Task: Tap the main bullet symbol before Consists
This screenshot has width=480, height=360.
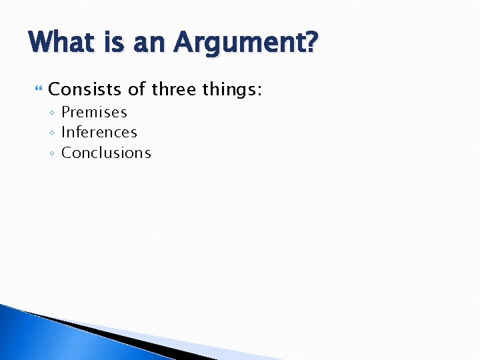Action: point(37,89)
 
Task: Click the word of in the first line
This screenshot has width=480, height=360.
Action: point(137,89)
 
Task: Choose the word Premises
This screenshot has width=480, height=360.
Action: point(94,112)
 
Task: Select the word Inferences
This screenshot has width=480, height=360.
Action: point(99,132)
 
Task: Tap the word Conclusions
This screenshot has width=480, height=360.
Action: point(106,153)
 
